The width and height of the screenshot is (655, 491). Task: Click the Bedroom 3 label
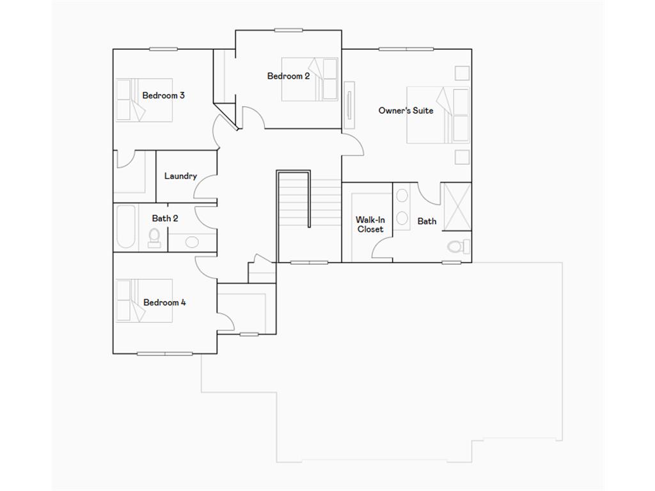[x=163, y=96]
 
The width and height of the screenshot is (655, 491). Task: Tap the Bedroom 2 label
[x=288, y=76]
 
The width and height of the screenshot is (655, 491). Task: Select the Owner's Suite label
[x=406, y=111]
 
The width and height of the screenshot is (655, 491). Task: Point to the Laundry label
[x=180, y=176]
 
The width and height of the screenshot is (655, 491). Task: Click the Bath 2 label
[x=165, y=219]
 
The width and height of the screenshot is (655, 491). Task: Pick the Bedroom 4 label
[x=164, y=302]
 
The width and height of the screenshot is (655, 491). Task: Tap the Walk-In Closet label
[x=370, y=224]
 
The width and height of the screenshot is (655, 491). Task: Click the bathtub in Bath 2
[x=126, y=227]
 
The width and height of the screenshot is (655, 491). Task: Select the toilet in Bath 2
[x=155, y=238]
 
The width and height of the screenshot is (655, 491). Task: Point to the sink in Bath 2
[x=192, y=242]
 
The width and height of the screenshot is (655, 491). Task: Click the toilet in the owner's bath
[x=459, y=247]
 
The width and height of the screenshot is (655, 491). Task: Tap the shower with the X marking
[x=457, y=207]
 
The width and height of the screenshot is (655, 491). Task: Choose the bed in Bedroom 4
[x=144, y=300]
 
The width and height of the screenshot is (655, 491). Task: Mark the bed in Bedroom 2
[x=310, y=79]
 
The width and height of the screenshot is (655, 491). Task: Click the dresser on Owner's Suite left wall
[x=349, y=105]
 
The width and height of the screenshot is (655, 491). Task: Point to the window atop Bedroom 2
[x=288, y=30]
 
